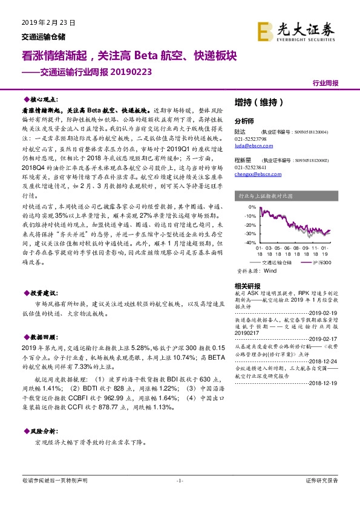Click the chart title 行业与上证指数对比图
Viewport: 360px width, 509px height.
pos(266,196)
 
